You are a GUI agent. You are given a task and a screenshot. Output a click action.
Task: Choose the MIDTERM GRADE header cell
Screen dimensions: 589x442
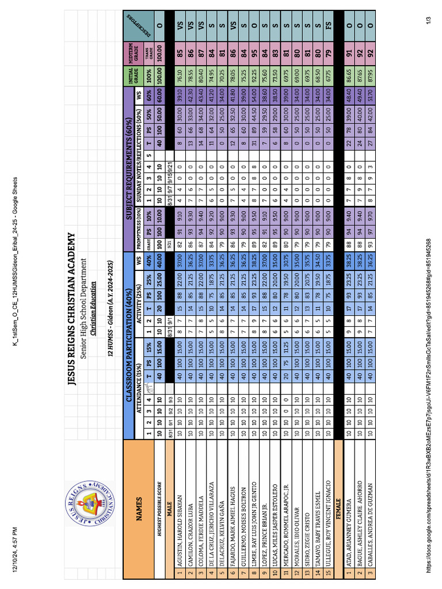[x=134, y=49]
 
